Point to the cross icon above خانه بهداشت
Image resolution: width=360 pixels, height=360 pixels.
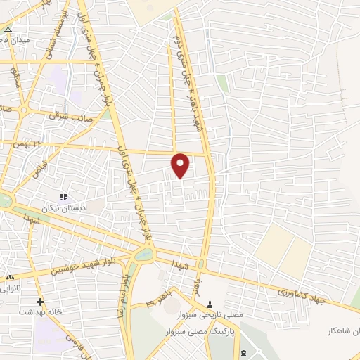pos(41,301)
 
